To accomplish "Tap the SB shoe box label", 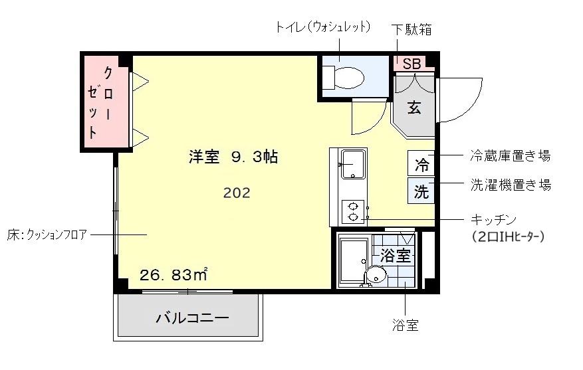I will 411,64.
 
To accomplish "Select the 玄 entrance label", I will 414,108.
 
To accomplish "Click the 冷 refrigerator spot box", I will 421,163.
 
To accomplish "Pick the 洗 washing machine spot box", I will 421,191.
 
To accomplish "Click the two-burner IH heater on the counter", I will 352,212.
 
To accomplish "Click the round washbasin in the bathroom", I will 376,274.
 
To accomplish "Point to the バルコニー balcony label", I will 192,318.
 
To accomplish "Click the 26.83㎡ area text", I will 174,274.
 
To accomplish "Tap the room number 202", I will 237,193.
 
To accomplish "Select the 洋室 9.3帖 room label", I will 233,157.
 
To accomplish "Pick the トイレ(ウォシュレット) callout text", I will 322,28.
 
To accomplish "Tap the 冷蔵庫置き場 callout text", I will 510,156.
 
